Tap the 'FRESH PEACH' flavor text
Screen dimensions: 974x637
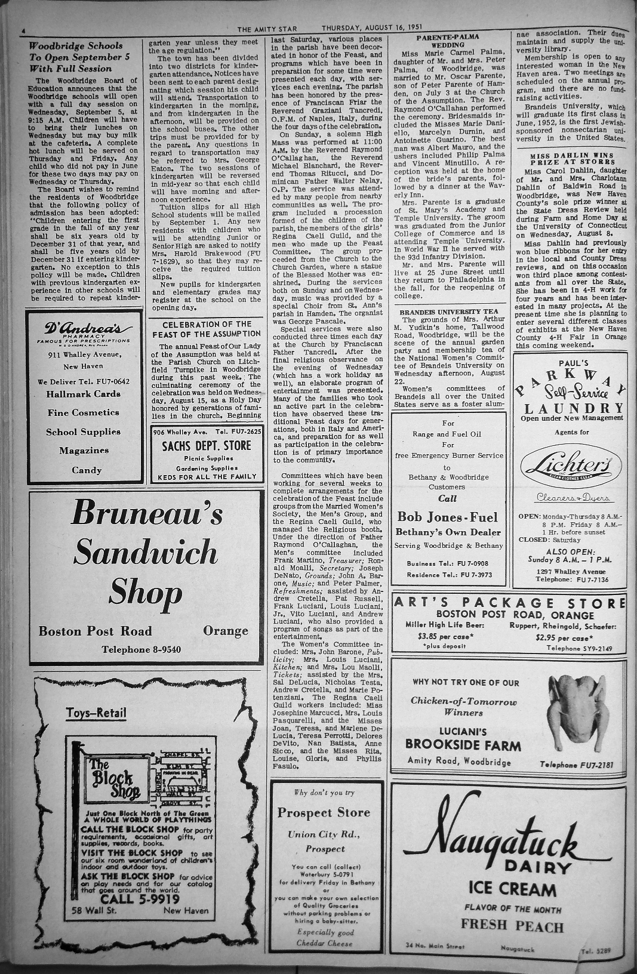coord(511,926)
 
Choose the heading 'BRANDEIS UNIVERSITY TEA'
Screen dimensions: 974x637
coord(448,312)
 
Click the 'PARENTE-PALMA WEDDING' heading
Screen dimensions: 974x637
coord(448,41)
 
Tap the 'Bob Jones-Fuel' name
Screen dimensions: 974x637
coord(447,516)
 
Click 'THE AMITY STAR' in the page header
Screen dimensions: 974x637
coord(263,28)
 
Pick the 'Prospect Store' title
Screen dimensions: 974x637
coord(324,812)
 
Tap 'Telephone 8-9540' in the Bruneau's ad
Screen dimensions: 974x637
coord(141,649)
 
